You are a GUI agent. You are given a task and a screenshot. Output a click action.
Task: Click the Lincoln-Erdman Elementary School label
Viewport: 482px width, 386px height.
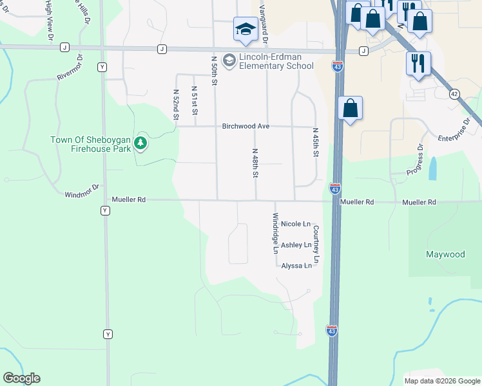click(x=267, y=61)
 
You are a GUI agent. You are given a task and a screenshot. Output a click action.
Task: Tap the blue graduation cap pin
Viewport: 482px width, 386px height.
click(x=245, y=30)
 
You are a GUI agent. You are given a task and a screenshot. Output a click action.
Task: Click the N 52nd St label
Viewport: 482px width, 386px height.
click(x=175, y=104)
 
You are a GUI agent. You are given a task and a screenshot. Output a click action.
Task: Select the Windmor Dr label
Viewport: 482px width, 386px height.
click(x=82, y=191)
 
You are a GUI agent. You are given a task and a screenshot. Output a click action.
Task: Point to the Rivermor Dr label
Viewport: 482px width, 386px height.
click(x=70, y=68)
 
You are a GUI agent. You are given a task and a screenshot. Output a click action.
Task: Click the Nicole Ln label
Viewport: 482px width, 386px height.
click(x=296, y=224)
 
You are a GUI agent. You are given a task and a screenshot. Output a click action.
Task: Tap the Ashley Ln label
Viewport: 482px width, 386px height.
click(x=296, y=245)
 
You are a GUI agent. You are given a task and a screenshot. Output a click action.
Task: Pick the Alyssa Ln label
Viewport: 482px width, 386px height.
click(x=296, y=266)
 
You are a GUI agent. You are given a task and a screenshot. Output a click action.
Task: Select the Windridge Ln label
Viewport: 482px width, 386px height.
click(x=275, y=232)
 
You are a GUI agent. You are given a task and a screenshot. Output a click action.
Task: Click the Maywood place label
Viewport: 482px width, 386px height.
click(x=445, y=254)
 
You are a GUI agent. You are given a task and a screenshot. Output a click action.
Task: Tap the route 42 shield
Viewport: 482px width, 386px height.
click(x=454, y=94)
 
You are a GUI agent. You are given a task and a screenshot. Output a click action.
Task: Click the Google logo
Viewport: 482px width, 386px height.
click(x=21, y=378)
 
